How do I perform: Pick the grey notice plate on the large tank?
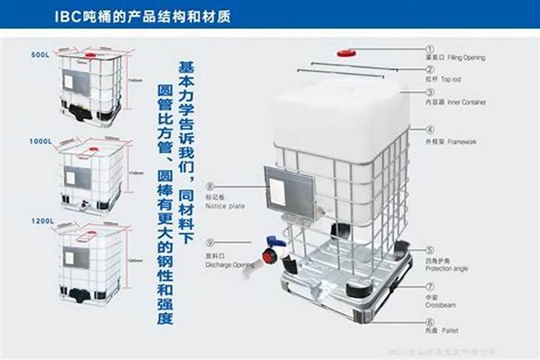pos(289,191)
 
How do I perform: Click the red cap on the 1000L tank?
pos(93,150)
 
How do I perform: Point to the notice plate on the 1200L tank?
pos(76,258)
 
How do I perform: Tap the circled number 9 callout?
pos(210,243)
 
